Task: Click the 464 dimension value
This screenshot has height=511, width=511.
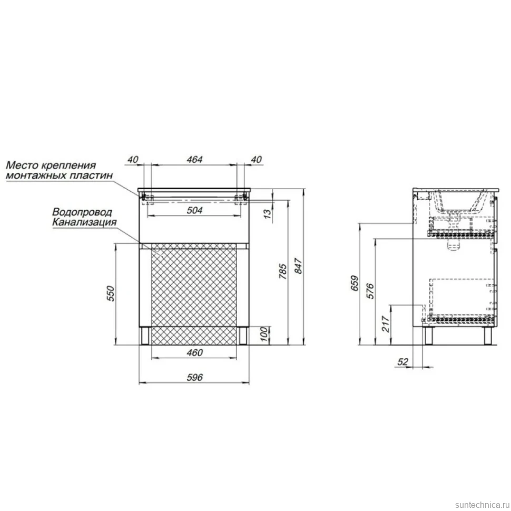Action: [194, 160]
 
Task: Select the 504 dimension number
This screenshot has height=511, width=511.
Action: [194, 210]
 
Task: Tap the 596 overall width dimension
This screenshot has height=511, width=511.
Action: [194, 377]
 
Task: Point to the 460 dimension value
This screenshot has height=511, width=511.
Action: [194, 352]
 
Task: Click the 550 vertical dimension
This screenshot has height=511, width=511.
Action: [111, 293]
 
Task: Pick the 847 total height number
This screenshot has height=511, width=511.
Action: [298, 266]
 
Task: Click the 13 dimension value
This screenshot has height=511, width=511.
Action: [267, 214]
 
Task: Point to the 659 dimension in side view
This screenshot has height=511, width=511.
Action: [355, 283]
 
